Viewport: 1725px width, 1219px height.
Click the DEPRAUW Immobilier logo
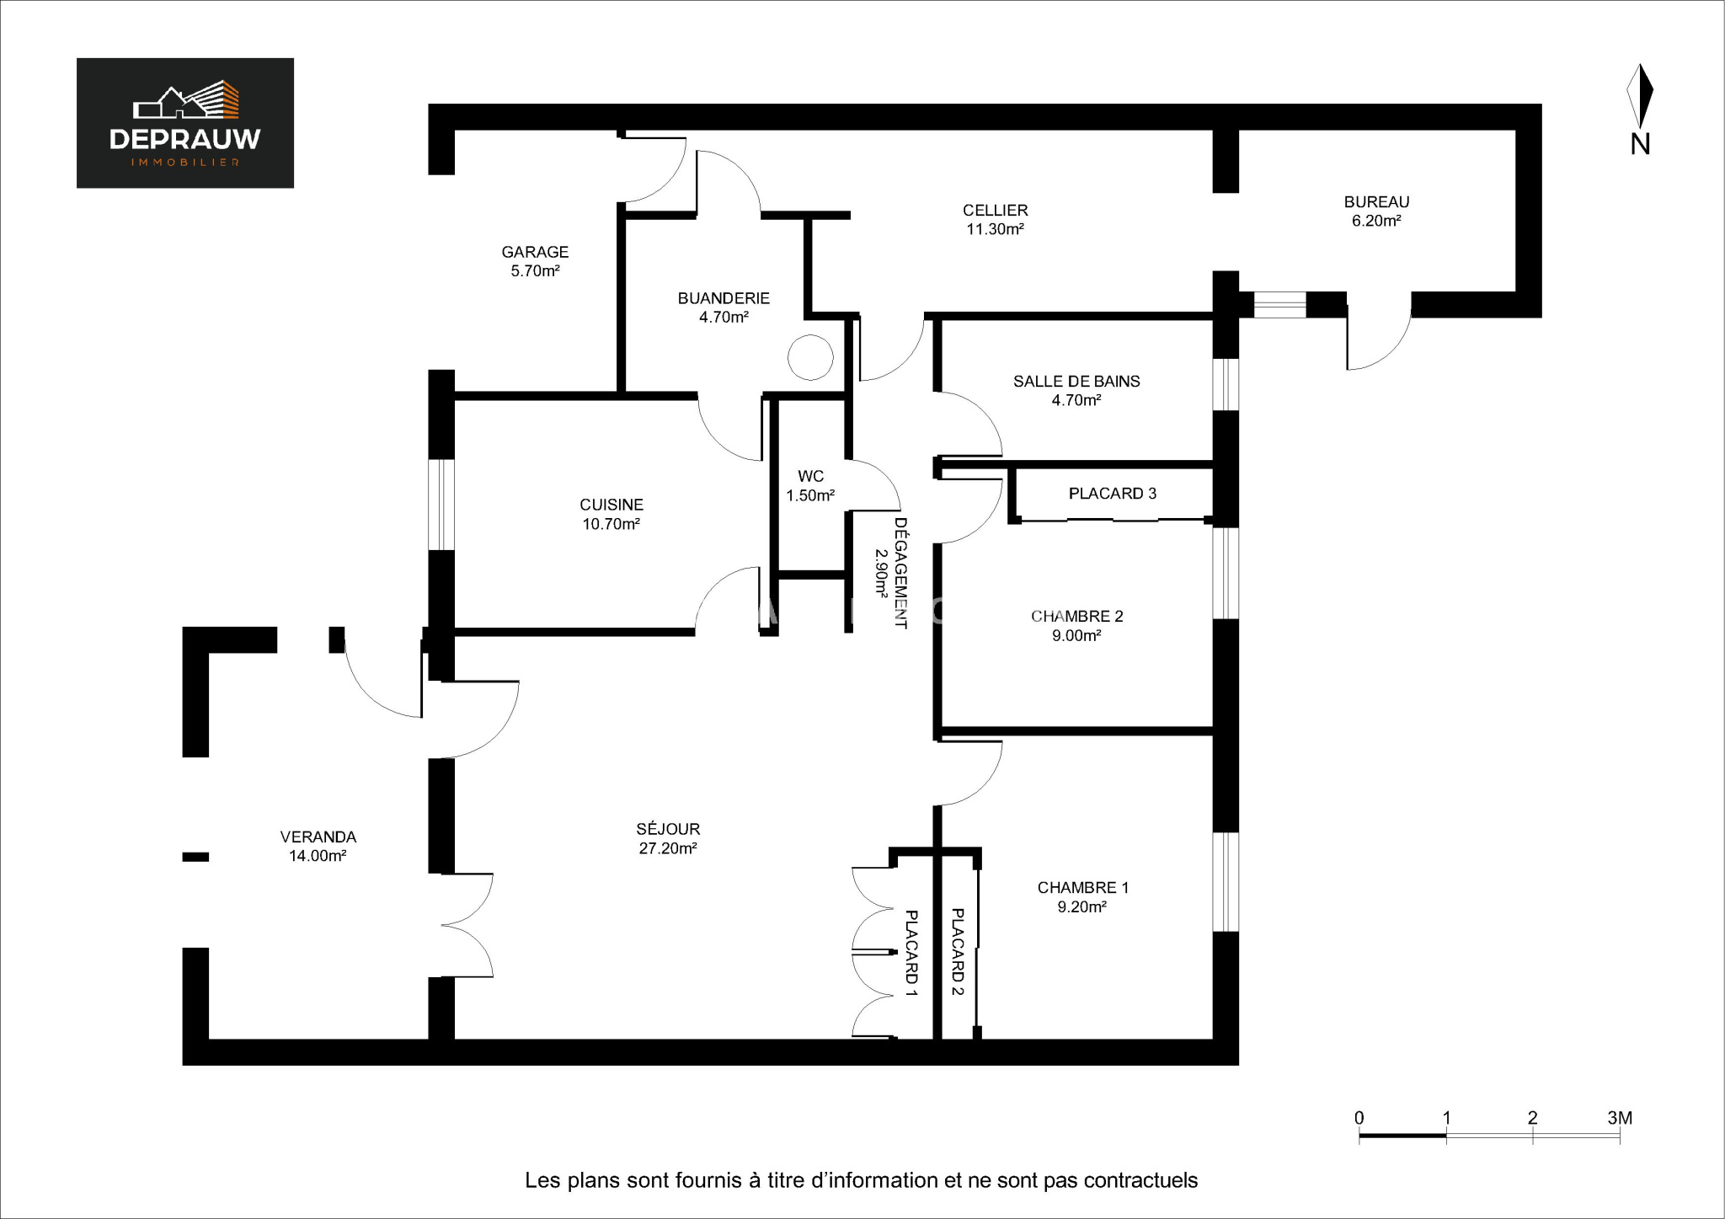185,123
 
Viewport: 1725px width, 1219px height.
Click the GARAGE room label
535,252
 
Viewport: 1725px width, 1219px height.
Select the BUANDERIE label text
724,298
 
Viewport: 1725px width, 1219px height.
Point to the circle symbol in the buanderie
810,357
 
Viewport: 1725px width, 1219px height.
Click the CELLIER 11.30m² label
996,219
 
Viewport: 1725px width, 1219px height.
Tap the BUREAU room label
1376,202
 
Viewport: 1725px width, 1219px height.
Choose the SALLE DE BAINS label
1076,382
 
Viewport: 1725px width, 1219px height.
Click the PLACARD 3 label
1113,494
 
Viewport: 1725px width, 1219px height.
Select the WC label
810,477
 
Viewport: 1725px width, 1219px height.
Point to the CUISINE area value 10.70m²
611,524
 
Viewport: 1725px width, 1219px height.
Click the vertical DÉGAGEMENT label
900,573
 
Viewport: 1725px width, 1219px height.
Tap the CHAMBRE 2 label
1077,617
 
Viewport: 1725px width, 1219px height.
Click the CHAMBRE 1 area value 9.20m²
1082,907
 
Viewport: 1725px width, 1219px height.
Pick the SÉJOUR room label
668,830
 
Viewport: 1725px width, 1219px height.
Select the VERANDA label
318,837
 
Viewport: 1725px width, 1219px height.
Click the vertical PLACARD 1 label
911,953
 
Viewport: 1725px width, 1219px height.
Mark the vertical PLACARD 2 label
957,951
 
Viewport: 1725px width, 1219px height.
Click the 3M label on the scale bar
1620,1118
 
